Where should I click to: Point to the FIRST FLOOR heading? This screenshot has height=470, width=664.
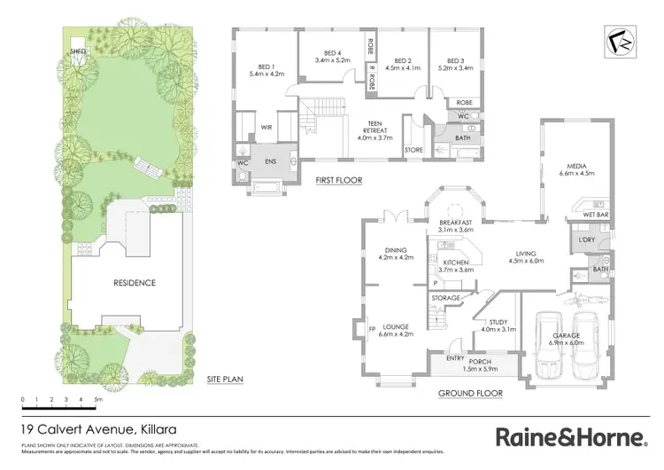coord(338,181)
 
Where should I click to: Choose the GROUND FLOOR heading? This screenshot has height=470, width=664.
coord(470,393)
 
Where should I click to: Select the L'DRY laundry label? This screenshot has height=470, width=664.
coord(585,240)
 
